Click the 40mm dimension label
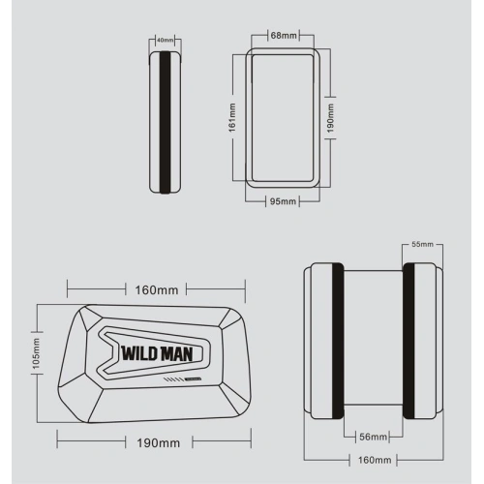click(165, 41)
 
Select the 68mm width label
click(283, 36)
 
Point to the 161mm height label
click(233, 120)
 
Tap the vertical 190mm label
click(329, 121)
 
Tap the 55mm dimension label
click(422, 246)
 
